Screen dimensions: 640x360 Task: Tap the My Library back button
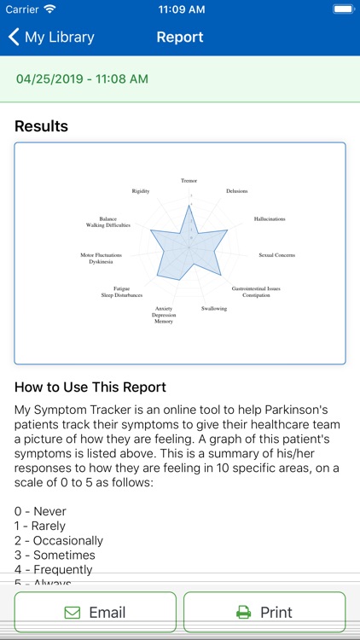51,38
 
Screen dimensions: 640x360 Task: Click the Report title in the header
180,38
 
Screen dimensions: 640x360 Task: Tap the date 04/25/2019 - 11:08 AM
83,79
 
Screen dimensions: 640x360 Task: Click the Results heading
41,126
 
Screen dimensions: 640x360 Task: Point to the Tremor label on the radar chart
189,180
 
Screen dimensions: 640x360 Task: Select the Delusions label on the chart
237,190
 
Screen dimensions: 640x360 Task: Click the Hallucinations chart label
270,219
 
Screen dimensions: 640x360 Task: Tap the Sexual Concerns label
277,255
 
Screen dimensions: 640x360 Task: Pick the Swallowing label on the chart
214,308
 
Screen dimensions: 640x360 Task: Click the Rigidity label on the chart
141,191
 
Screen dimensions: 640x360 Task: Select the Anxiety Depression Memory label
164,315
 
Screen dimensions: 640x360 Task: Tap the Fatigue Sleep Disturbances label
122,292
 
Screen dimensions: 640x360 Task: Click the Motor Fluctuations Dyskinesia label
101,259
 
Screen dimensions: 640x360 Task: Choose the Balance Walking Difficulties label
108,222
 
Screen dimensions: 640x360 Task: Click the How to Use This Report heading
90,387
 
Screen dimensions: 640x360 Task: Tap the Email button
96,612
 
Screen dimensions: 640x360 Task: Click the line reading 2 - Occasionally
59,540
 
